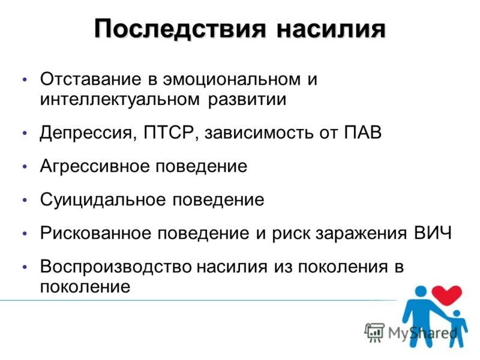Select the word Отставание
point(89,79)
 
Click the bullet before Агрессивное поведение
point(25,166)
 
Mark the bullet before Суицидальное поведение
point(25,200)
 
